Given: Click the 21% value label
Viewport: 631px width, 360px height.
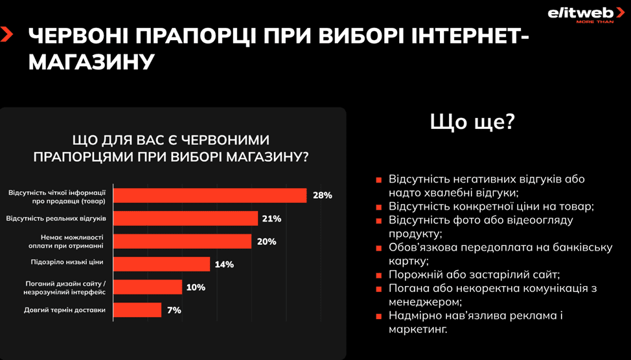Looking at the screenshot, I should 271,219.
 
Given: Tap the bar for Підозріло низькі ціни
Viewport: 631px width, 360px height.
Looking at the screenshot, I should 162,264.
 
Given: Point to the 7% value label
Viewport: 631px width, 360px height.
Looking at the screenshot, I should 174,310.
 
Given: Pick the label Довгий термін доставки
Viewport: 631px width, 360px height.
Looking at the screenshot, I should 65,310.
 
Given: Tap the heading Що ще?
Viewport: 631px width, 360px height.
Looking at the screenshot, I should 472,122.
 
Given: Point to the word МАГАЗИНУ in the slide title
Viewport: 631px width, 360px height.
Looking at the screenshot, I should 92,63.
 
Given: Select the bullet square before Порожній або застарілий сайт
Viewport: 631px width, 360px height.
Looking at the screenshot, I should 379,275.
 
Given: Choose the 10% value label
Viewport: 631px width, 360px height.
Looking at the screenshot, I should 196,287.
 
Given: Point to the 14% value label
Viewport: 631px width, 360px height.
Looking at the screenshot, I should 224,264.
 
